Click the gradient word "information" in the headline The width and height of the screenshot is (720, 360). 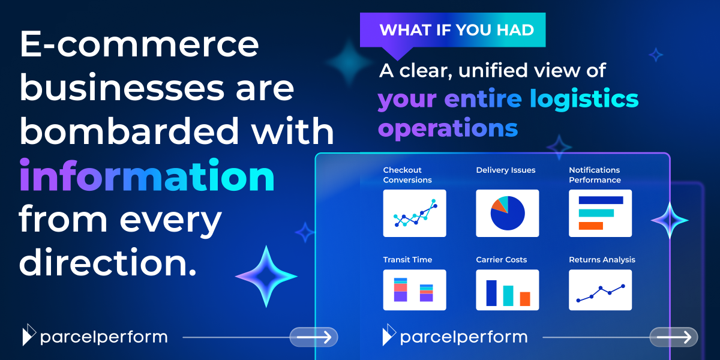point(147,176)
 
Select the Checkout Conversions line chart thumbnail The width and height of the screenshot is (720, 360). point(415,213)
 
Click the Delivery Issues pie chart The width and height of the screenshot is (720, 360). point(508,213)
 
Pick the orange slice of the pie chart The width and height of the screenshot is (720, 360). point(498,206)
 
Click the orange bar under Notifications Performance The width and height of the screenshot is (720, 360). point(590,226)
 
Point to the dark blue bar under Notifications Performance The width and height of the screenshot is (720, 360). point(601,200)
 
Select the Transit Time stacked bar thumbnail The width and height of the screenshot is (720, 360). point(415,290)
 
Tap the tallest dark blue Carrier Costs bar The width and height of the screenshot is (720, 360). point(491,293)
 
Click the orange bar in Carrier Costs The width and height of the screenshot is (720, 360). point(525,298)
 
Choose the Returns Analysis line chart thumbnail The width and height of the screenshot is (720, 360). point(600,290)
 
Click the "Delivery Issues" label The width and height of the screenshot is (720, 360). point(506,170)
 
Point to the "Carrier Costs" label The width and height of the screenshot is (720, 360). point(502,260)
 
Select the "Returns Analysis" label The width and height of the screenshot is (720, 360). point(602,260)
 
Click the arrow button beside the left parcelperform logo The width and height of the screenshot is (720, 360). point(314,337)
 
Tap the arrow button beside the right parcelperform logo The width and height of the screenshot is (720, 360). point(673,337)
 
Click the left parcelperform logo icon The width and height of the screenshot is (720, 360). point(29,336)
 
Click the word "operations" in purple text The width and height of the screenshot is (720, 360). point(448,128)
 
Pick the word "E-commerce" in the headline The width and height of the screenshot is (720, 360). point(139,45)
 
